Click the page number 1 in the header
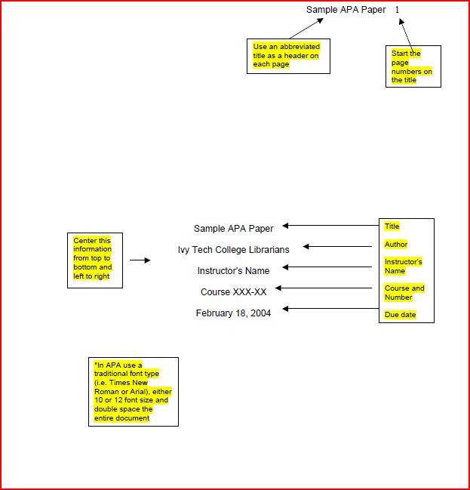(397, 10)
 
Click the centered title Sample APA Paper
(233, 229)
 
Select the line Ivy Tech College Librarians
(233, 250)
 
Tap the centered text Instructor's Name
(233, 270)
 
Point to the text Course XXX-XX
(233, 292)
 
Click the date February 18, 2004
(233, 313)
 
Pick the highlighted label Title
(392, 227)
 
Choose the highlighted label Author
(396, 244)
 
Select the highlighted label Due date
(400, 315)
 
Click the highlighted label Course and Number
(404, 292)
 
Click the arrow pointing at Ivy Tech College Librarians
(337, 247)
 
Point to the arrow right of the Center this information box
(140, 260)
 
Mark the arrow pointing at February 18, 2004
(330, 309)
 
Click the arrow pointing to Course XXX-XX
(324, 288)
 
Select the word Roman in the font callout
(106, 392)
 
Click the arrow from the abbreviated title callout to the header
(306, 29)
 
